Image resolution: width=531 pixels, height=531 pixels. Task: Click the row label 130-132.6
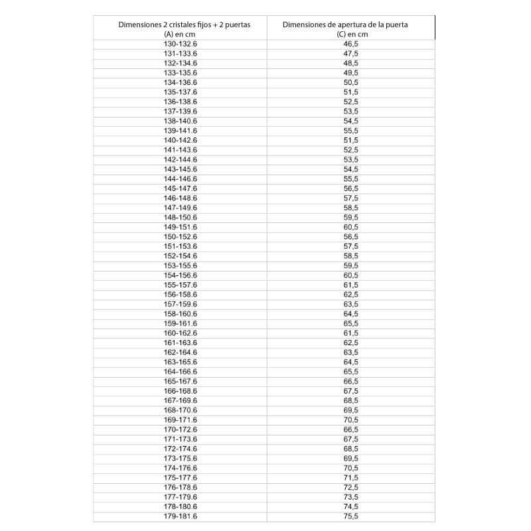181,44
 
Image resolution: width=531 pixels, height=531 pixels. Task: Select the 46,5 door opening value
350,44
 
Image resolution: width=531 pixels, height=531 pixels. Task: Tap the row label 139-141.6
181,131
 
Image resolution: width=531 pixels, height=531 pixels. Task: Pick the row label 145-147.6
181,189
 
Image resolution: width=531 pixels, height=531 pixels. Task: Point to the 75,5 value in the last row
350,516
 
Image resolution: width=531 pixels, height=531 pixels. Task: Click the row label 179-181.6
181,516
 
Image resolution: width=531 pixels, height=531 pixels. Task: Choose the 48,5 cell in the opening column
350,63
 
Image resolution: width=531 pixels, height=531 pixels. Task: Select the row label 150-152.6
181,236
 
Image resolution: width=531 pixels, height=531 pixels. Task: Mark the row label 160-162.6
181,333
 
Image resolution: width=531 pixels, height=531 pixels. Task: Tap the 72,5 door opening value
350,487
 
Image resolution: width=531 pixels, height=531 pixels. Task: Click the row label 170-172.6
181,429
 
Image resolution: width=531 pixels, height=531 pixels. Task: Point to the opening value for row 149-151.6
350,227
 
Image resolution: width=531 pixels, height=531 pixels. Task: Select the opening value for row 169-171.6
350,419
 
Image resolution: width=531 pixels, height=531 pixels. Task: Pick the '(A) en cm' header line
181,35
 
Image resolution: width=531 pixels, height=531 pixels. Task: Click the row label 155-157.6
181,285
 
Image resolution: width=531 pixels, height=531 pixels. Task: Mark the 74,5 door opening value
350,506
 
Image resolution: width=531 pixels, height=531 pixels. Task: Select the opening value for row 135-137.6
350,92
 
